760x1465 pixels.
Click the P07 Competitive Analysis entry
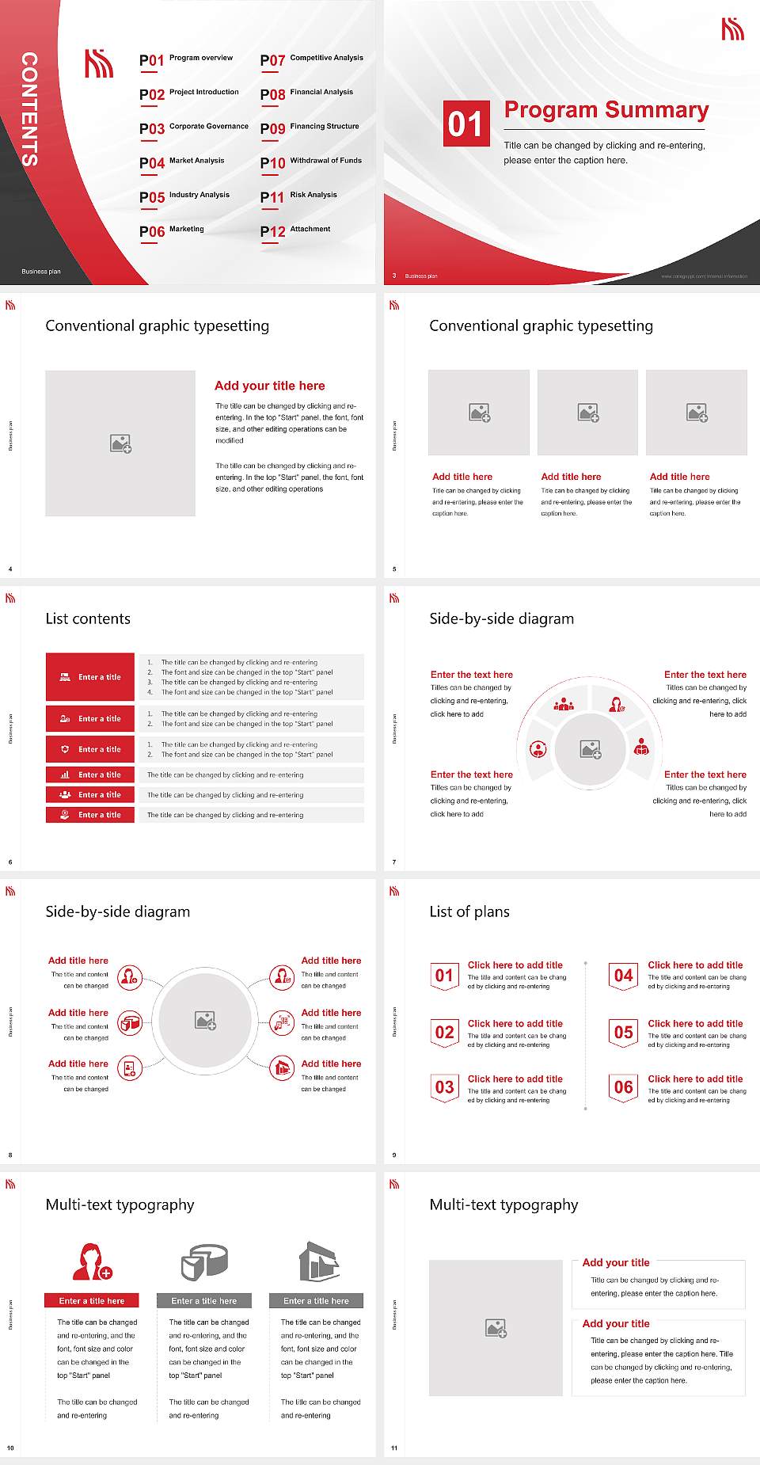point(311,59)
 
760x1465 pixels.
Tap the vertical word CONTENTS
point(29,109)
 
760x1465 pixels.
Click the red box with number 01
point(466,124)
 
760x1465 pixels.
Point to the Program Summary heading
point(606,110)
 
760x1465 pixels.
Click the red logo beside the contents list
point(99,63)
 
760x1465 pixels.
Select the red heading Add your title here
point(269,386)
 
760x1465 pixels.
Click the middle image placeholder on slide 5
point(587,413)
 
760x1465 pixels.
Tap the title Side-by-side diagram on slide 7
point(501,618)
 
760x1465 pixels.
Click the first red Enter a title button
point(90,677)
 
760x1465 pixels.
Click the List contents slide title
point(88,618)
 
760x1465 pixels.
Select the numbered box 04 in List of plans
point(624,976)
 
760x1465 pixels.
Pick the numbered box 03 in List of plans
point(445,1087)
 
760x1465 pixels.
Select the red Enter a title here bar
point(92,1300)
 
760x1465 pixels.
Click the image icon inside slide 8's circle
point(206,1021)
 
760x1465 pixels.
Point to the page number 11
point(394,1448)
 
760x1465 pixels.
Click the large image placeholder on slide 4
point(120,443)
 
